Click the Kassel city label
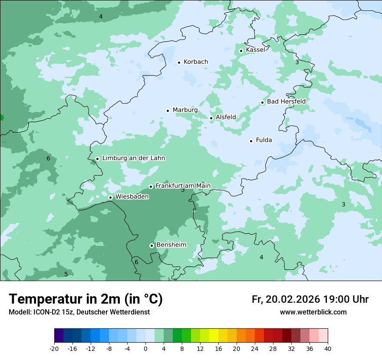tap(255, 50)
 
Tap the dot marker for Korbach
tap(179, 62)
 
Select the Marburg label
tap(185, 110)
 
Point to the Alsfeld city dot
tap(211, 118)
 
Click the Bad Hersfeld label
tap(286, 101)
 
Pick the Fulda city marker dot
tap(251, 141)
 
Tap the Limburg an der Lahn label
tap(133, 158)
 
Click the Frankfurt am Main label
tap(183, 186)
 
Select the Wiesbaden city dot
tap(111, 197)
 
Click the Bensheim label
tap(171, 245)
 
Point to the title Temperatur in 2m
tap(86, 299)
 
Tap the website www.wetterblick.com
tap(313, 312)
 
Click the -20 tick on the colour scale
tap(54, 348)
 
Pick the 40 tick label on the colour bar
tap(328, 348)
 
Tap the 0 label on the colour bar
tap(145, 348)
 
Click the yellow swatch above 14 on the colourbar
tap(214, 336)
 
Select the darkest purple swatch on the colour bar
tap(59, 336)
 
